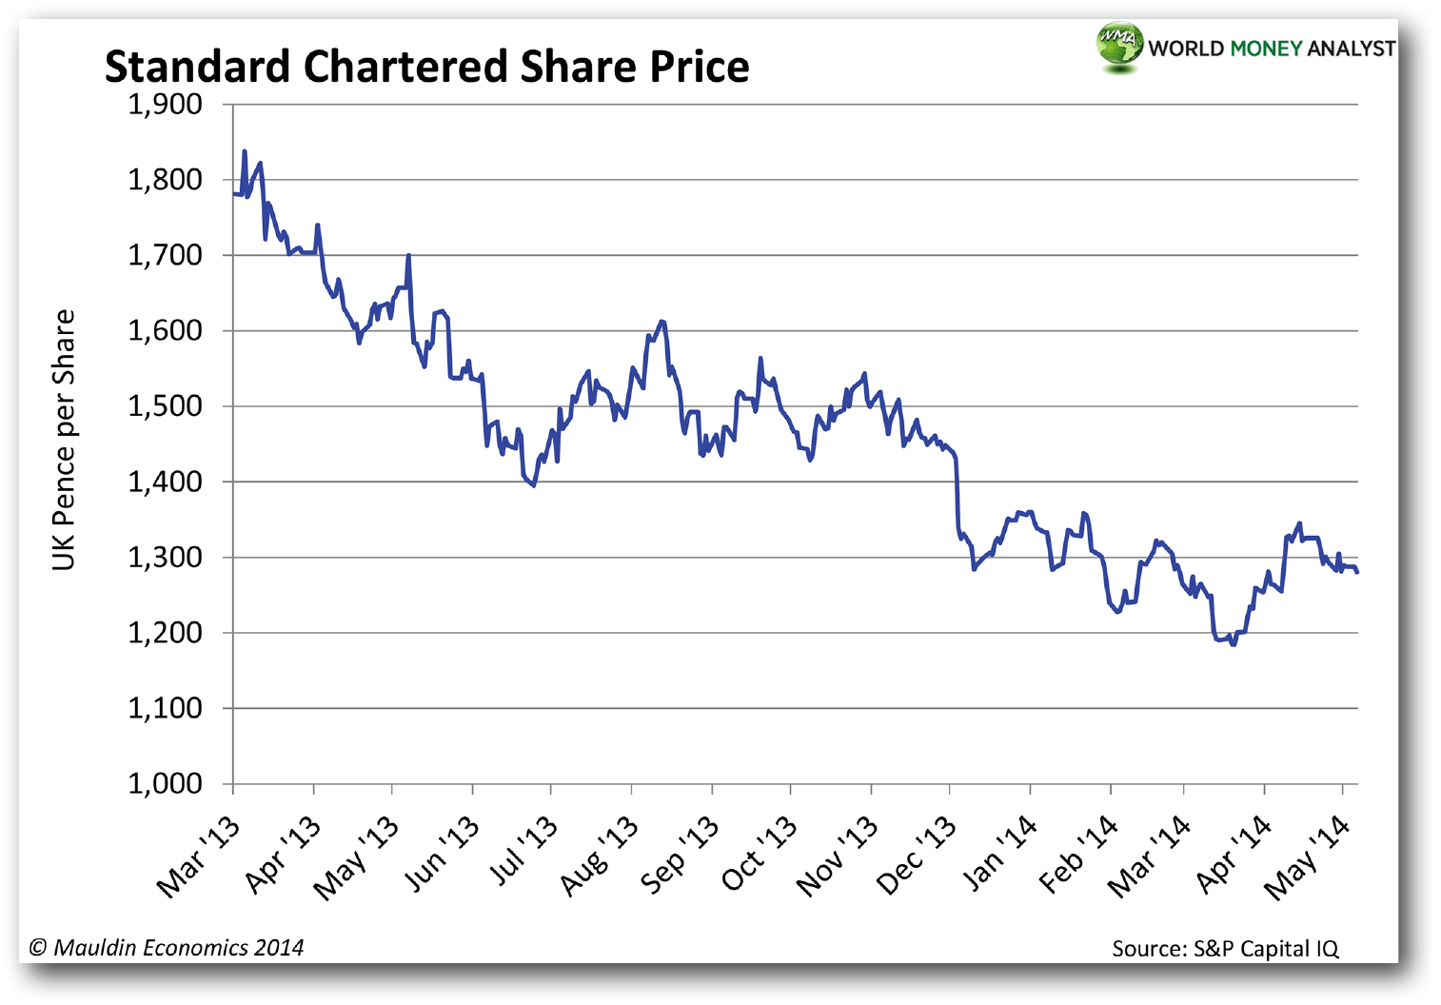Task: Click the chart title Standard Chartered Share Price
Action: coord(426,67)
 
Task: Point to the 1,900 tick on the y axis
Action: coord(166,104)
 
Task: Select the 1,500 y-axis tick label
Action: coord(166,406)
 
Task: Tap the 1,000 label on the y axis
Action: coord(166,784)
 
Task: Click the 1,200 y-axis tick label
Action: coord(166,633)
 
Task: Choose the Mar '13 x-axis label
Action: coord(199,857)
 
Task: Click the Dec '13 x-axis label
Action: coord(917,857)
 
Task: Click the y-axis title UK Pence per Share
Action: coord(64,441)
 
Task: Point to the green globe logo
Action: coord(1119,45)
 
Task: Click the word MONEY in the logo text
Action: coord(1265,49)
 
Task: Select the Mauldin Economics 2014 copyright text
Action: coord(167,948)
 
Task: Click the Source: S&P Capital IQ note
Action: coord(1225,949)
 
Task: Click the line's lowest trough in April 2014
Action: coord(1234,644)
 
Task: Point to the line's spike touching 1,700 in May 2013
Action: coord(408,256)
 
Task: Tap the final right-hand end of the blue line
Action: coord(1357,572)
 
